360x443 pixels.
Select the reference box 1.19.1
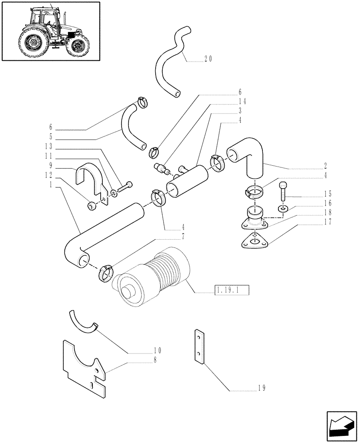pyautogui.click(x=232, y=291)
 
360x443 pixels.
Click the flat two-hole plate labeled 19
pyautogui.click(x=199, y=347)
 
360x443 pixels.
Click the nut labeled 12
pyautogui.click(x=92, y=206)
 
